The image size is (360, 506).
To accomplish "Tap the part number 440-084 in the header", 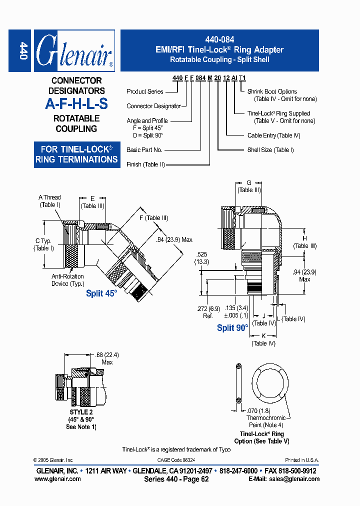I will (219, 39).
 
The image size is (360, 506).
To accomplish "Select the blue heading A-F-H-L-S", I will (76, 104).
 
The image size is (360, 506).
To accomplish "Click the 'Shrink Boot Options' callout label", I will (272, 91).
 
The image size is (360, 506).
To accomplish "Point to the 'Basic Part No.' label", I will (144, 149).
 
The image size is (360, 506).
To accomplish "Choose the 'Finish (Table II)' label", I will (145, 164).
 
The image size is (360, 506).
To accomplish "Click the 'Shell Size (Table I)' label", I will (270, 150).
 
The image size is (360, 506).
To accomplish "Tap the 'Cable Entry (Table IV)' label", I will (273, 135).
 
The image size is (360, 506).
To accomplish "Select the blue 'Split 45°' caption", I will (101, 293).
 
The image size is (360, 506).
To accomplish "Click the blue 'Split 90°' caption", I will (232, 328).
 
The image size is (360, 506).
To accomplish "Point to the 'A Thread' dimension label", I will (49, 197).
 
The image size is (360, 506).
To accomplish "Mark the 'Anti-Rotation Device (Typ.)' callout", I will (67, 280).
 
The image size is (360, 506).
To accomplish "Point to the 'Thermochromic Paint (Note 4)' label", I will (266, 421).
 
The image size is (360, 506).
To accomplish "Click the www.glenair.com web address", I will (57, 478).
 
